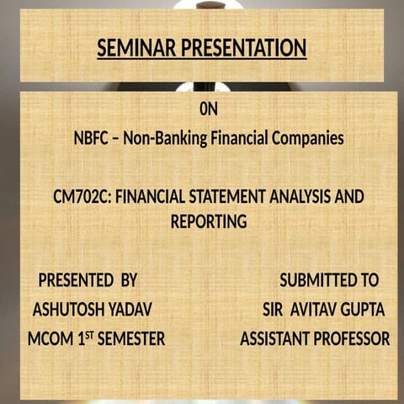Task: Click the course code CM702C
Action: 81,197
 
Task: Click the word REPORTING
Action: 209,222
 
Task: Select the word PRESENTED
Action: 76,280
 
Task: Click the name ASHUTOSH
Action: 72,310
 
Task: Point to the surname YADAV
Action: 133,310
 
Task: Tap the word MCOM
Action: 50,339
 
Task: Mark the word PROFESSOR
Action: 351,339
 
